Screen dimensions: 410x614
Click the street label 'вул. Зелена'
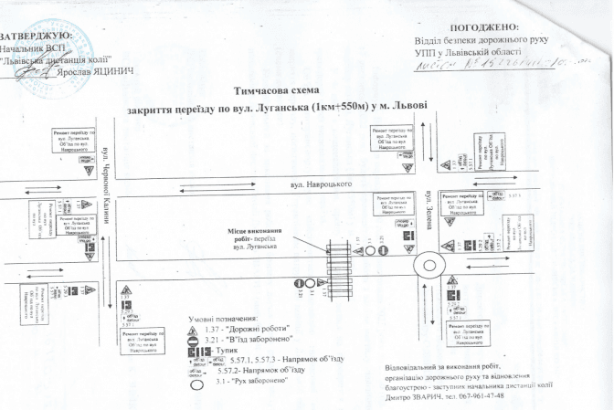tap(428, 211)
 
